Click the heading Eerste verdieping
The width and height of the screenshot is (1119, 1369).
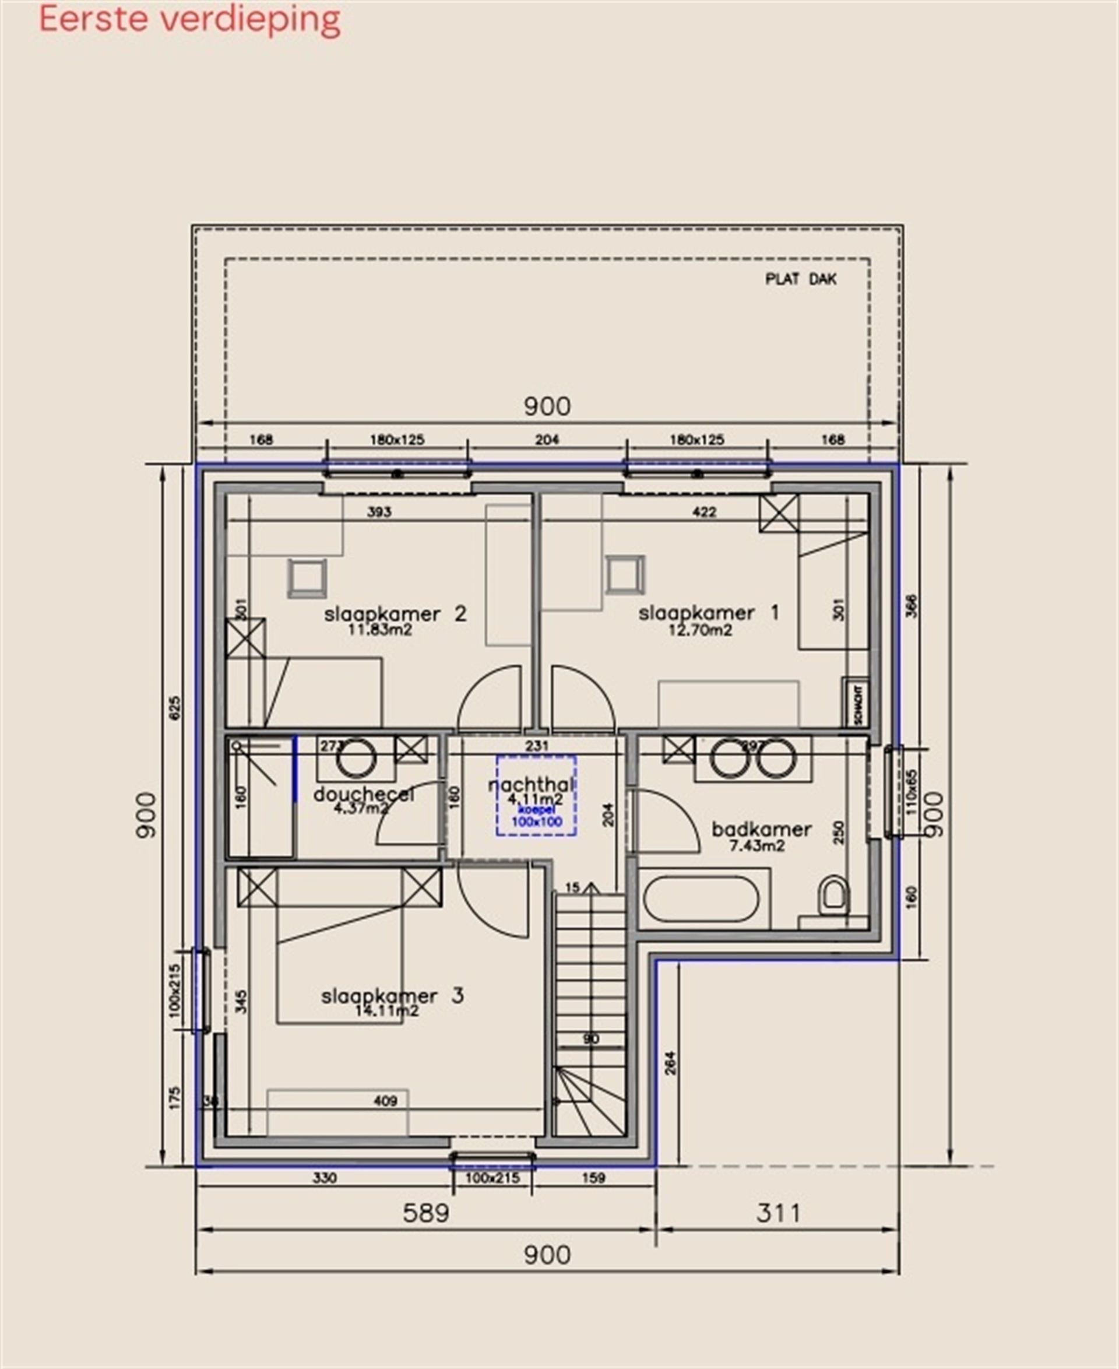click(x=189, y=19)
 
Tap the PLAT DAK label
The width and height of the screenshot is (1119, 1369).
click(x=801, y=279)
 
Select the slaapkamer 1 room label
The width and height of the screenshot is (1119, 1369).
click(x=708, y=612)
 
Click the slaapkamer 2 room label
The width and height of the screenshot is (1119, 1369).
click(x=395, y=613)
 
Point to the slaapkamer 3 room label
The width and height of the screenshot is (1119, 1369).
click(x=392, y=996)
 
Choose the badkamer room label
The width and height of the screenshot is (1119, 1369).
click(x=761, y=829)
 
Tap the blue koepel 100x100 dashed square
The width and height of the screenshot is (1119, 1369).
click(x=536, y=796)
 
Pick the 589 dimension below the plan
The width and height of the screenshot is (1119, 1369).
click(x=425, y=1213)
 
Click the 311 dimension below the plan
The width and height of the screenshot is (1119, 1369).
click(x=778, y=1213)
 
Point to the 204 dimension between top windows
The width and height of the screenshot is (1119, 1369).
click(x=547, y=440)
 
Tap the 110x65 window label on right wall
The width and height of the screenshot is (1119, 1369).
click(x=911, y=792)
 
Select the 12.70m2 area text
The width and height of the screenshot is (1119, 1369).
click(x=700, y=631)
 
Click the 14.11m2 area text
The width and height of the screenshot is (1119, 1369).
click(x=387, y=1010)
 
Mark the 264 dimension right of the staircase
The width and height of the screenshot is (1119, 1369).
click(x=670, y=1063)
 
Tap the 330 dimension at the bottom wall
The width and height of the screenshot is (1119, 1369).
click(x=324, y=1178)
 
